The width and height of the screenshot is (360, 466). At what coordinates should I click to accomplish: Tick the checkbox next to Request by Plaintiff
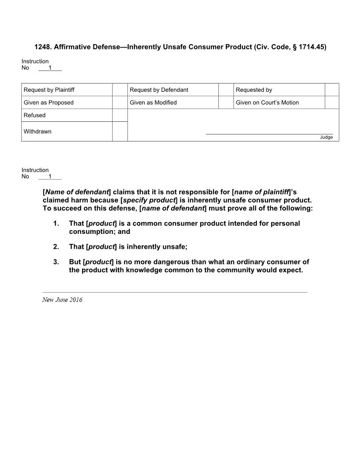[x=120, y=90]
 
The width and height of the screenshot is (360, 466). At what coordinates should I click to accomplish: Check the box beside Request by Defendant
[x=226, y=90]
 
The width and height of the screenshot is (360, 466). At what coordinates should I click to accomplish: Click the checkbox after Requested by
[x=332, y=90]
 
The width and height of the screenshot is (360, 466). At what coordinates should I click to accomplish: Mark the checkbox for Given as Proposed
[x=120, y=102]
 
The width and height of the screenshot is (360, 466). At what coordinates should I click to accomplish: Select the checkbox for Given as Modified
[x=226, y=102]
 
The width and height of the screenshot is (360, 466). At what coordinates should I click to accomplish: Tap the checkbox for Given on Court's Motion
[x=332, y=102]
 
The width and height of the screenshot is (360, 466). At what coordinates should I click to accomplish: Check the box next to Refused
[x=120, y=115]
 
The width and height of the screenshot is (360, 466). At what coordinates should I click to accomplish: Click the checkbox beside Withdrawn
[x=120, y=132]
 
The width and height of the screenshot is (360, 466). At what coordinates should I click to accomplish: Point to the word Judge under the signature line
[x=326, y=137]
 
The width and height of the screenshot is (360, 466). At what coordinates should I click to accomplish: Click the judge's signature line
[x=269, y=134]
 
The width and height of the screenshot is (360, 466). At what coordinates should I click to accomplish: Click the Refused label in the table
[x=35, y=115]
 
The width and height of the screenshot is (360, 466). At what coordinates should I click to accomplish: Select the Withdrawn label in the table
[x=37, y=132]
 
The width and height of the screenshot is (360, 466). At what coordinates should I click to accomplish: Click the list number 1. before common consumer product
[x=56, y=223]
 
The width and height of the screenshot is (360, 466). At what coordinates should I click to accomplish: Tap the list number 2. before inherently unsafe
[x=56, y=247]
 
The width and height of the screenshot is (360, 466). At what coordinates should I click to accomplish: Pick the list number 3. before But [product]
[x=56, y=262]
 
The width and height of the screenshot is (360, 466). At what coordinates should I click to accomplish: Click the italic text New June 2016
[x=62, y=300]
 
